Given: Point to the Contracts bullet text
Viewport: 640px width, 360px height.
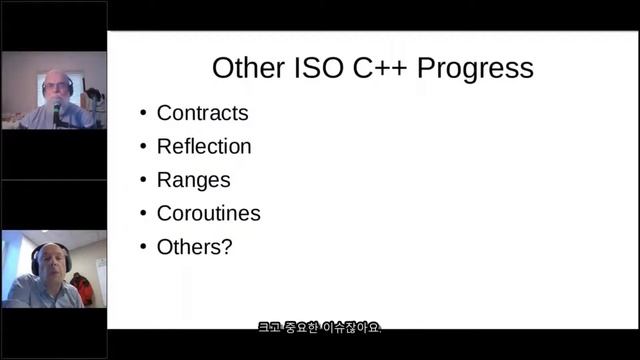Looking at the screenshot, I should click(202, 113).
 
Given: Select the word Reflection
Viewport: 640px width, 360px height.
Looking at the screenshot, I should click(204, 146).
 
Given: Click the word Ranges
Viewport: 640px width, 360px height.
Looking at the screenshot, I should click(193, 180).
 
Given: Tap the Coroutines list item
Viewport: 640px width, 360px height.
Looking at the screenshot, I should click(208, 213).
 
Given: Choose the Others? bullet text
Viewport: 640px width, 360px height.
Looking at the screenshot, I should click(194, 246).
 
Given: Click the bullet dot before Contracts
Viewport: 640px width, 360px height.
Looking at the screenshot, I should click(143, 114).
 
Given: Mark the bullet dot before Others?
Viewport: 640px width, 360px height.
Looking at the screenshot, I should click(143, 247).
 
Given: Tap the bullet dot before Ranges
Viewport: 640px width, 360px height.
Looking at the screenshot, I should click(143, 181).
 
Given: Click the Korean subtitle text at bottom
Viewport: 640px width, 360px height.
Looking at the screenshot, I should click(319, 328).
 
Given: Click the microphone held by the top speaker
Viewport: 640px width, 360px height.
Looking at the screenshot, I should click(57, 108).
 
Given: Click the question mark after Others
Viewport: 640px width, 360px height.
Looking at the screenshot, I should click(227, 246).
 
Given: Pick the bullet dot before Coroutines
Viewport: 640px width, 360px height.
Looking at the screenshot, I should click(143, 214).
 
